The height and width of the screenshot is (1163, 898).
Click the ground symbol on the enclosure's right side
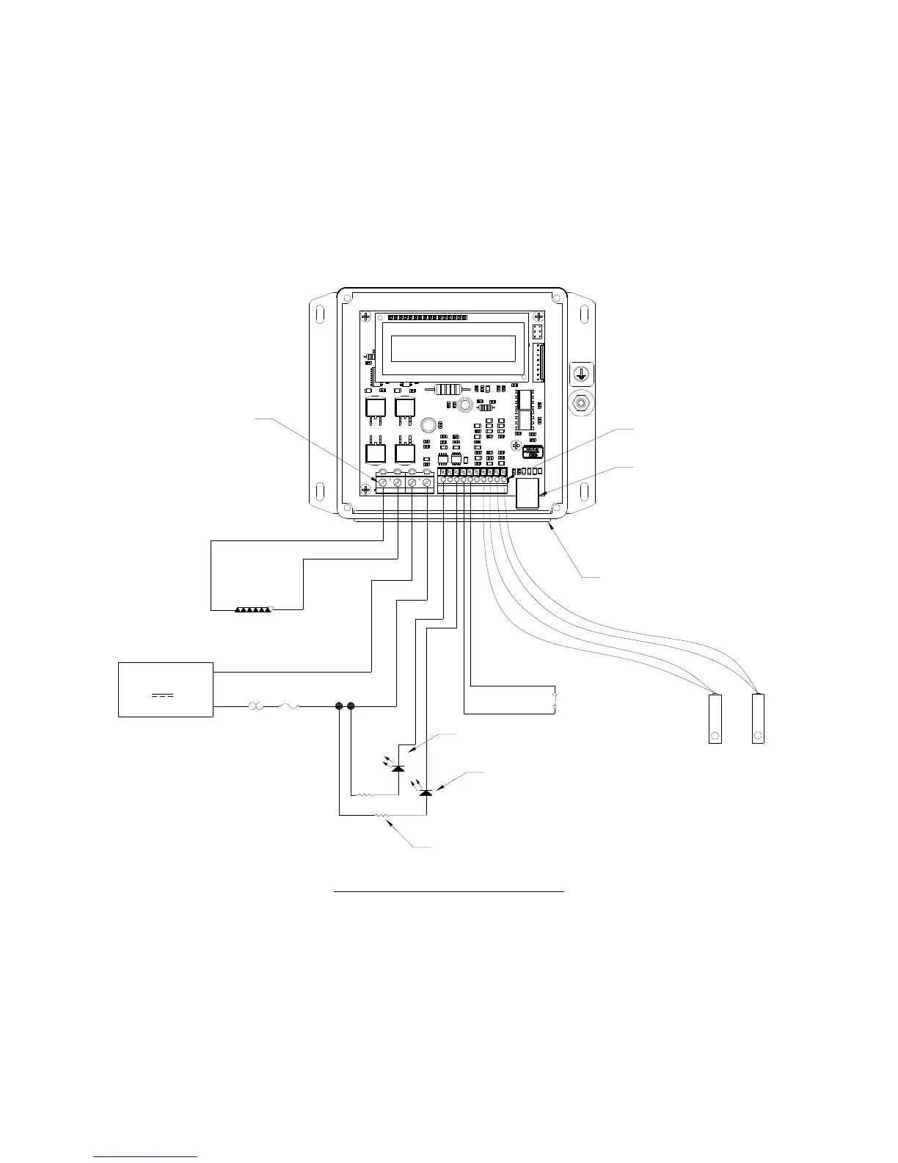(x=581, y=373)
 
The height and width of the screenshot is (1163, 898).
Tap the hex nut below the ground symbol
(x=581, y=403)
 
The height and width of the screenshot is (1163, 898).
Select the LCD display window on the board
(x=453, y=349)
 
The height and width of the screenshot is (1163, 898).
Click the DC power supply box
(x=166, y=689)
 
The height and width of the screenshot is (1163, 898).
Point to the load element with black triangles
(x=253, y=609)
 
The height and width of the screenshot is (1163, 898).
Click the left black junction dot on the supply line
(x=339, y=706)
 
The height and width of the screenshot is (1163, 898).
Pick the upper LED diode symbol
(x=398, y=768)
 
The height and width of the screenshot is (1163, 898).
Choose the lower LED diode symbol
(x=426, y=793)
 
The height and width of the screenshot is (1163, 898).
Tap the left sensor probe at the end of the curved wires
(x=715, y=718)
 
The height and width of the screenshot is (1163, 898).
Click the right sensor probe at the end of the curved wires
(x=759, y=718)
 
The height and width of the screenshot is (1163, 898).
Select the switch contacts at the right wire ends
(x=555, y=702)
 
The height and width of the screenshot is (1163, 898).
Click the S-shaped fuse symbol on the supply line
(x=288, y=706)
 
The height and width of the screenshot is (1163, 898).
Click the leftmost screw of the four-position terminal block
(x=382, y=482)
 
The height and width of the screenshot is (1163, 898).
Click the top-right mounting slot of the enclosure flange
(x=585, y=314)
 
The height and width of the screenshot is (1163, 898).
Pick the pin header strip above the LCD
(x=427, y=318)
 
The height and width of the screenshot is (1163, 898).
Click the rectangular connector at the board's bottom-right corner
(x=528, y=493)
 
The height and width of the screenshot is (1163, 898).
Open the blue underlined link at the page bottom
(x=146, y=1158)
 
